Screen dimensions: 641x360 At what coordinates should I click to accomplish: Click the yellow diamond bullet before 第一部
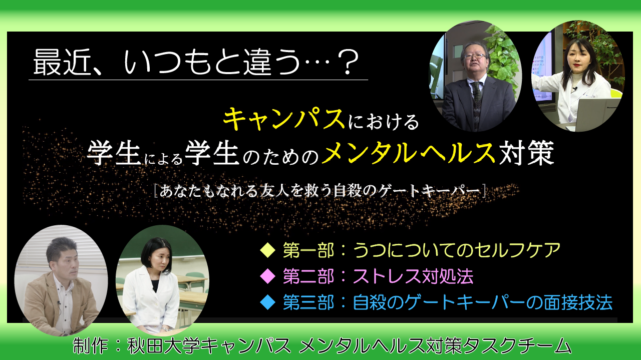[x=267, y=250]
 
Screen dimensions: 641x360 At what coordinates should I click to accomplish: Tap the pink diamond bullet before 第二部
[x=267, y=276]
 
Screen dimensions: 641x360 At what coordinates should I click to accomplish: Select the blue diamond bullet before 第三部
[x=267, y=302]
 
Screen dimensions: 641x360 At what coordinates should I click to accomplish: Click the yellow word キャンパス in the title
[x=284, y=120]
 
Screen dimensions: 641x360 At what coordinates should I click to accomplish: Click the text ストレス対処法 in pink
[x=413, y=276]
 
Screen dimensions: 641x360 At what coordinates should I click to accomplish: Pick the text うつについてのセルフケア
[x=457, y=250]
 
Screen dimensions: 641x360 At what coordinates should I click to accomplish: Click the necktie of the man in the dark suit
[x=476, y=103]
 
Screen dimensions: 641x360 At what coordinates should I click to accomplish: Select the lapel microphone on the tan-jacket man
[x=59, y=302]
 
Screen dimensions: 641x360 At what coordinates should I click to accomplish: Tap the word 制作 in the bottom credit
[x=91, y=345]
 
